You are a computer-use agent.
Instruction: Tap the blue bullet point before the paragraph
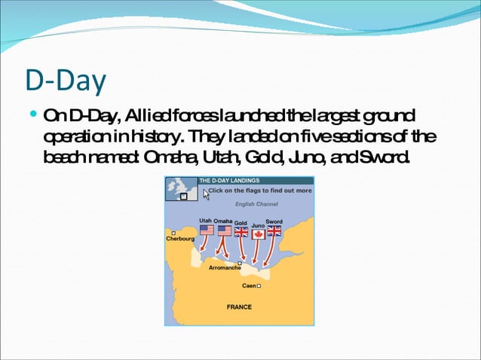32,116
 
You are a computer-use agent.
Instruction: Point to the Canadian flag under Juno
258,233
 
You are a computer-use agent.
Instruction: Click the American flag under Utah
207,230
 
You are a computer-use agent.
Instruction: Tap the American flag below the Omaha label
224,230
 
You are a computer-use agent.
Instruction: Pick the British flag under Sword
274,231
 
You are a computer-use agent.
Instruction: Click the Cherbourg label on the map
180,239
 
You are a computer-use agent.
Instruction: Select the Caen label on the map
247,286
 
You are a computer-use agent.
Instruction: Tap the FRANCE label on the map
239,307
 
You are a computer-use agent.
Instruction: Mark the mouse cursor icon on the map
206,194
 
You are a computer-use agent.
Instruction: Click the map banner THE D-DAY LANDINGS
229,181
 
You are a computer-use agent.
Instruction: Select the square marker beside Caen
259,286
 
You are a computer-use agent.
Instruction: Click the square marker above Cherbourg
173,233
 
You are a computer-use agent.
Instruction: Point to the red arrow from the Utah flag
204,246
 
